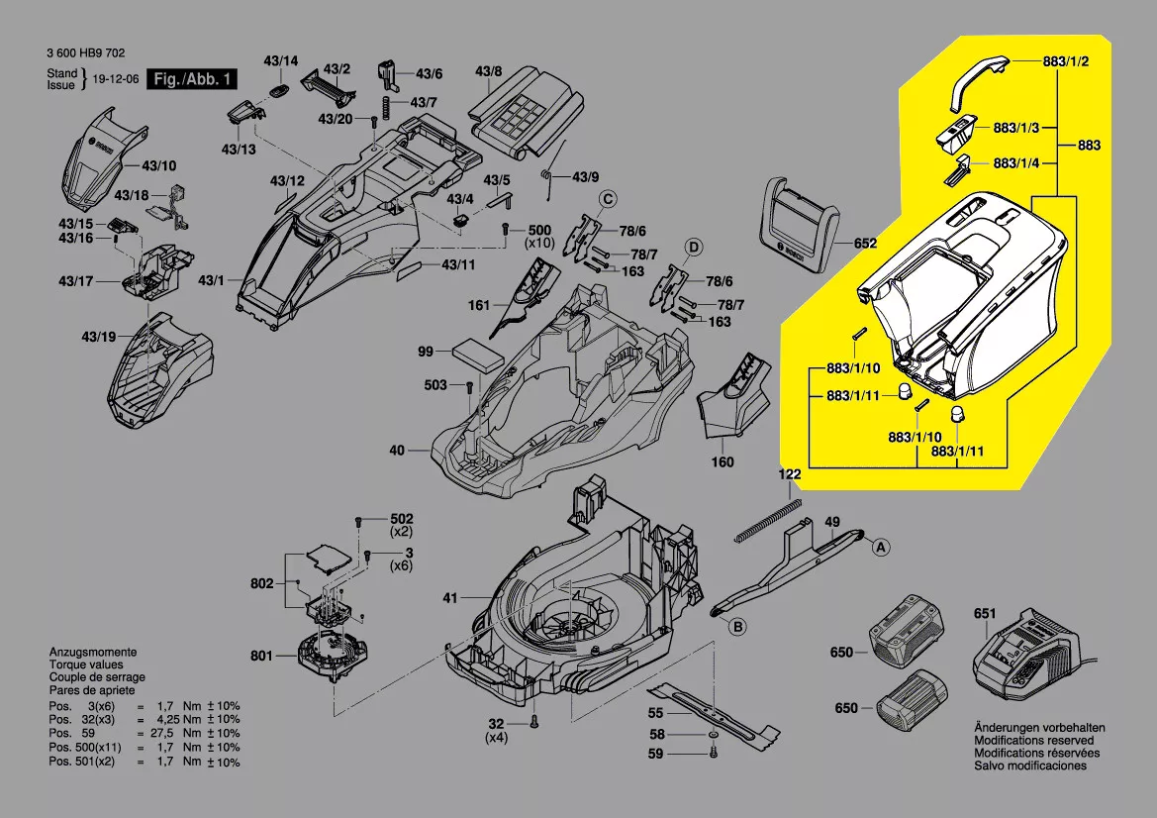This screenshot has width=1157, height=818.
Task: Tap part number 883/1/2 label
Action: [x=1066, y=61]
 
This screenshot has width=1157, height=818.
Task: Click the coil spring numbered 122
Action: [x=768, y=518]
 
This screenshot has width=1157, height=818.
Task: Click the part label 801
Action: [x=261, y=655]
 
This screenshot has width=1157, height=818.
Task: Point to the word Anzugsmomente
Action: [x=93, y=653]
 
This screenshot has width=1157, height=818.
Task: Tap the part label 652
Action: [x=865, y=243]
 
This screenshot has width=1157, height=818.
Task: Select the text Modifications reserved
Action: [x=1034, y=740]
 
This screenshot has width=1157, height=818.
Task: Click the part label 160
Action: [x=723, y=461]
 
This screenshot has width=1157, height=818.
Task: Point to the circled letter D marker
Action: [x=694, y=247]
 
